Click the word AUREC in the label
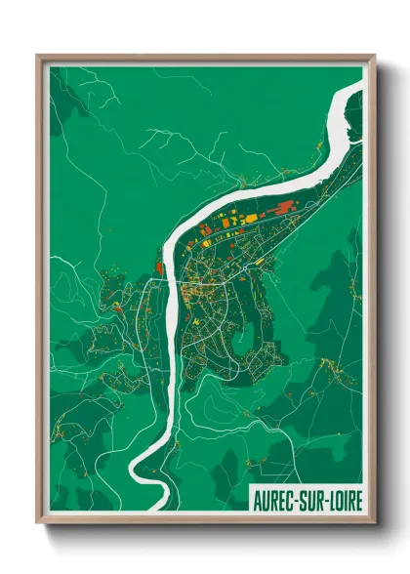click(275, 500)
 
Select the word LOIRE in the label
click(345, 500)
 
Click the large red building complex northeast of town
click(283, 207)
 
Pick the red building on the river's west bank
click(157, 264)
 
